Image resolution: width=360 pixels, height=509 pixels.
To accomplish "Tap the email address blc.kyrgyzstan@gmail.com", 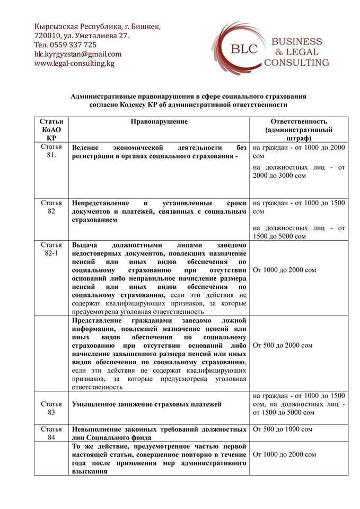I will coord(77,54).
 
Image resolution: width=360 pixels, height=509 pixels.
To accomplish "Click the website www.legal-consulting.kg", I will coord(74,63).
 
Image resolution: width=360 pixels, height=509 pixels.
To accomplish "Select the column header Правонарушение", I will coord(159,121).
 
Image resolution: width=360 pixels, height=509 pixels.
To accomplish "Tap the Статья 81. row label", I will coord(51,151).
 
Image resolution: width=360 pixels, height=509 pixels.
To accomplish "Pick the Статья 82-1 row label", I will coord(51,249).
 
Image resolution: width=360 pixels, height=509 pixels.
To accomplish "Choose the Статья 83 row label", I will coord(51,408).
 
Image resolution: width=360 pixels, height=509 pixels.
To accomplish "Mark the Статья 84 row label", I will coord(51,433).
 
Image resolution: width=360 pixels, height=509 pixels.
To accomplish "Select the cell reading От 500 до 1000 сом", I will coord(283,429).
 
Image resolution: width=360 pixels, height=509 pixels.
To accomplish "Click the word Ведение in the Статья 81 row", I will coord(87,147).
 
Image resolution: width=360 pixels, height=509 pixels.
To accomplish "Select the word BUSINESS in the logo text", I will coord(296,42).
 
